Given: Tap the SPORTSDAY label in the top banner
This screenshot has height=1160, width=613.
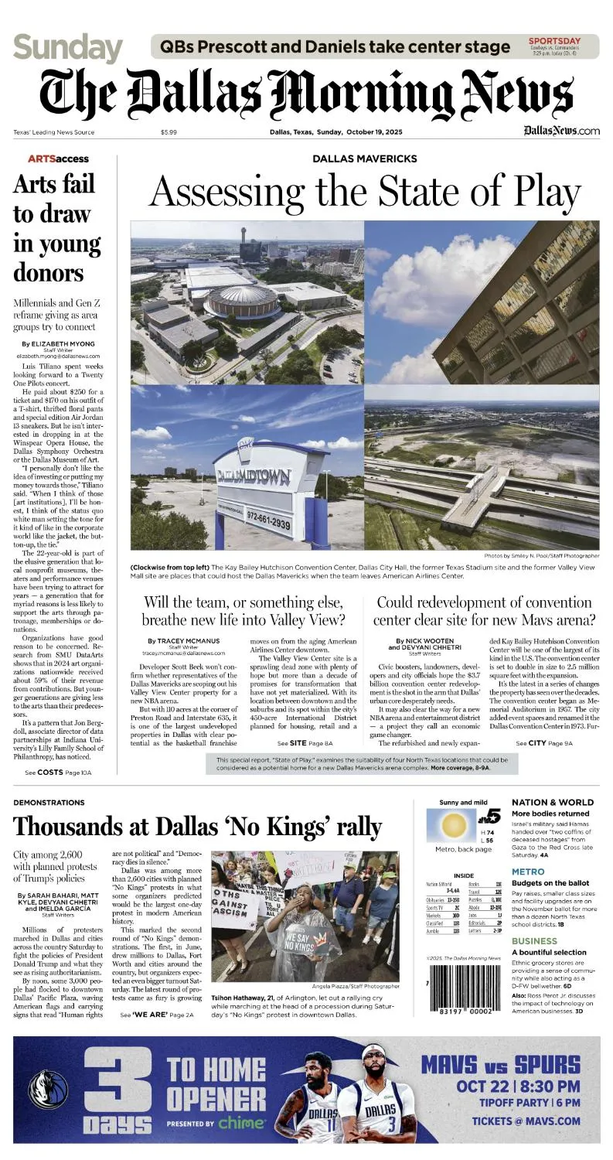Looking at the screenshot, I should pos(554,40).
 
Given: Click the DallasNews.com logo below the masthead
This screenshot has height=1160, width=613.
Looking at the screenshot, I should pos(560,131).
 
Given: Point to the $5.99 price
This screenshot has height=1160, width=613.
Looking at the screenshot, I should pos(169,132).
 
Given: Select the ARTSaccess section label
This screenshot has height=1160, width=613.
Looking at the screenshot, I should pos(58,159).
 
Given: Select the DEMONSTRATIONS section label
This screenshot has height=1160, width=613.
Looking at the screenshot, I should pos(49,803).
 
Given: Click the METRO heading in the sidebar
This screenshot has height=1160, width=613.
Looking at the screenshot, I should pos(528,872).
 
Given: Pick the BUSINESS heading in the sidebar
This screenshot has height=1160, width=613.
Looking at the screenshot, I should pos(534,941).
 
